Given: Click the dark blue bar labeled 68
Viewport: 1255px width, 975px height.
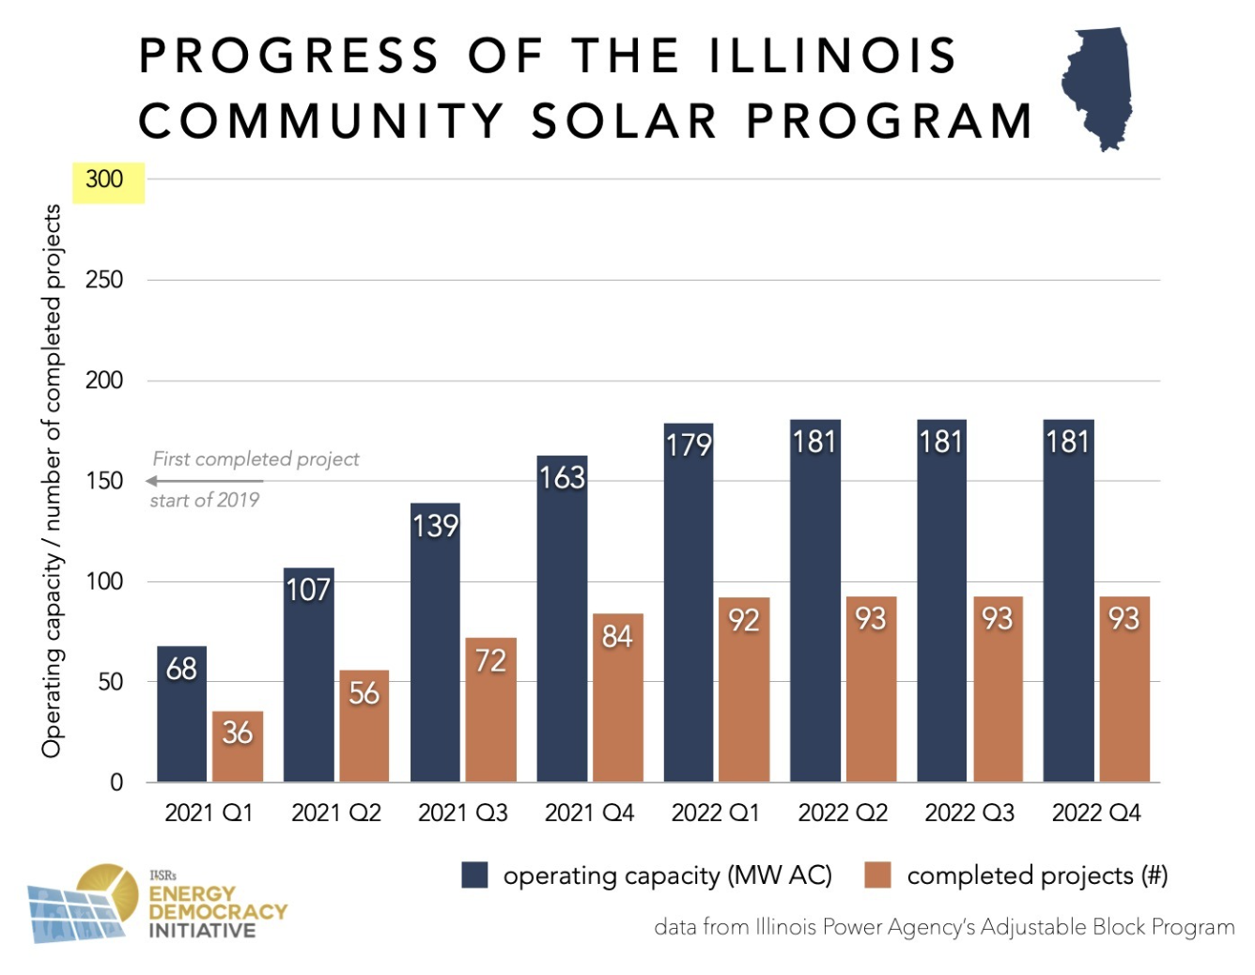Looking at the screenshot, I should click(x=181, y=714).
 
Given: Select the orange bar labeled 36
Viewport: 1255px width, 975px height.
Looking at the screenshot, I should click(x=238, y=747).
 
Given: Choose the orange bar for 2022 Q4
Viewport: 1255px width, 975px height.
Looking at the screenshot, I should click(x=1124, y=689).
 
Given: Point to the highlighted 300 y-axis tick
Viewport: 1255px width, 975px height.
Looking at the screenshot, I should click(x=104, y=179).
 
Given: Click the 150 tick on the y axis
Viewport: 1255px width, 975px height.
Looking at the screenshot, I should click(x=104, y=481).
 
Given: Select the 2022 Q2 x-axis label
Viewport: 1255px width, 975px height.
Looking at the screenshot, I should click(x=843, y=812).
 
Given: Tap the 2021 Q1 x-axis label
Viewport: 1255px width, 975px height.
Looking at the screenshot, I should click(x=209, y=812).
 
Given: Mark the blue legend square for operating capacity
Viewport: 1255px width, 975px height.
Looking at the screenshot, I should click(x=475, y=875).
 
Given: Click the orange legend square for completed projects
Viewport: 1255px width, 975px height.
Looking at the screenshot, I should click(x=877, y=875).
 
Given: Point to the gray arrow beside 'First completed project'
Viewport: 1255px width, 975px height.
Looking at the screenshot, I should click(x=204, y=481).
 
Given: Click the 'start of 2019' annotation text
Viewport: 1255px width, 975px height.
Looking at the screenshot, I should click(x=205, y=501).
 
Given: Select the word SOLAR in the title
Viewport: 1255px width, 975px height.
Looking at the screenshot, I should click(x=625, y=121).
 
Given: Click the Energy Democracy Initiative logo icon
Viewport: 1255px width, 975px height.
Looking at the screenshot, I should click(x=83, y=903).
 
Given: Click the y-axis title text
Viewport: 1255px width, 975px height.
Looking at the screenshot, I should click(x=52, y=481).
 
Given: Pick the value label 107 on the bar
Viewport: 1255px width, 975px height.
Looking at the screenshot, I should click(x=308, y=590).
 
